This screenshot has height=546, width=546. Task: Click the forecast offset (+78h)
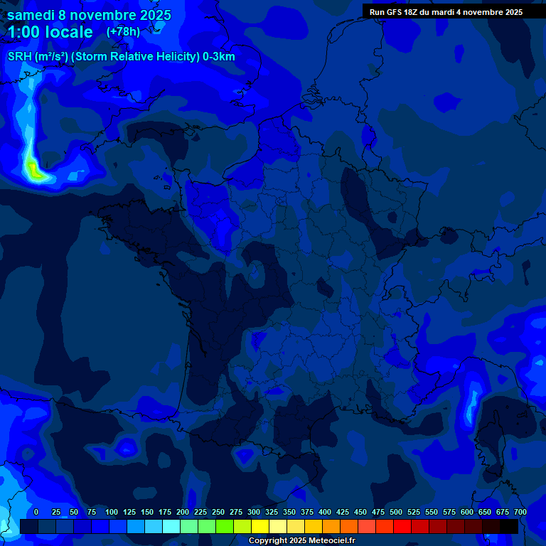coord(123,32)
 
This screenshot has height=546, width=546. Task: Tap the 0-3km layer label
coord(219,57)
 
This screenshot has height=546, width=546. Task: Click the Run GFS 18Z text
coord(393,12)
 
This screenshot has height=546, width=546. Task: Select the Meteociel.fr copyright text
coord(302,541)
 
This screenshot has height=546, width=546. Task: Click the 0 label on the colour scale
coord(36,512)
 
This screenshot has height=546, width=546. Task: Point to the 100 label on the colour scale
coord(112,512)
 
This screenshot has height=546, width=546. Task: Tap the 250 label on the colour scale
coord(218,512)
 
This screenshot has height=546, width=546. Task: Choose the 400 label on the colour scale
coord(325,512)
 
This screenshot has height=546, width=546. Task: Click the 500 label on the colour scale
coord(396,512)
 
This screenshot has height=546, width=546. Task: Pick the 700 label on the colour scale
coord(520,512)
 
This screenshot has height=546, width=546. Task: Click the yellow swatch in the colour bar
coord(260,526)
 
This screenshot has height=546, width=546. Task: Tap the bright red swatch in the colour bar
coord(402,526)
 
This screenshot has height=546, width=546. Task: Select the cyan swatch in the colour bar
coord(171,526)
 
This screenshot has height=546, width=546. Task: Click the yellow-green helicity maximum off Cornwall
coord(32,168)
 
